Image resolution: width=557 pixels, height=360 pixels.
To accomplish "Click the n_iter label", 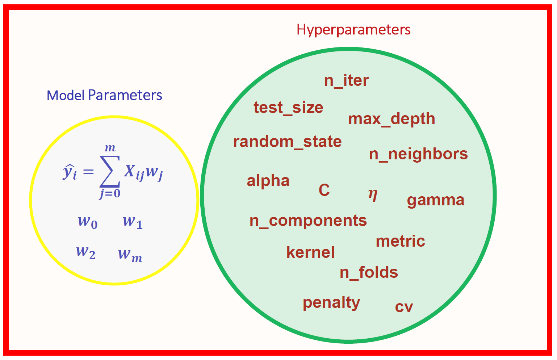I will click(346, 81).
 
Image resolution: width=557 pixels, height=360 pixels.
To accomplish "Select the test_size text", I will click(288, 108).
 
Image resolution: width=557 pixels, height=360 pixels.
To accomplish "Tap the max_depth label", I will click(391, 119).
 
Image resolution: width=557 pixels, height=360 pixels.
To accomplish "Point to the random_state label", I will click(287, 142).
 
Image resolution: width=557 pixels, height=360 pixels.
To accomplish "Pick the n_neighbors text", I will click(418, 154).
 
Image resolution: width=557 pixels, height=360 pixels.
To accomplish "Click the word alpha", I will click(268, 181).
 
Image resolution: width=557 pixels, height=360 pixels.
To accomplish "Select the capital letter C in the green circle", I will click(324, 190).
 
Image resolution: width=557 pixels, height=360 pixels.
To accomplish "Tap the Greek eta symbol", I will click(373, 194).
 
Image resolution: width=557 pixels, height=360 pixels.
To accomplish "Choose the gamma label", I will click(436, 200).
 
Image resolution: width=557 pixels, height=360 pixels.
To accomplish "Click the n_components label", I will click(308, 221).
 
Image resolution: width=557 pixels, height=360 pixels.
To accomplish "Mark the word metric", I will click(400, 241).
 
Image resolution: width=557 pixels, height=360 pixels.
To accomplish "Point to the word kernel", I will click(310, 252).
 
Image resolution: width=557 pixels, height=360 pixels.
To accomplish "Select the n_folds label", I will click(369, 272).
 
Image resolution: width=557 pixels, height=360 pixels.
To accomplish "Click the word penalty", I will click(331, 303).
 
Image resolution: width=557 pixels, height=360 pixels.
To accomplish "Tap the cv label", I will click(404, 307).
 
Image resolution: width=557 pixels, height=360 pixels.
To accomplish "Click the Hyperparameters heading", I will click(353, 30).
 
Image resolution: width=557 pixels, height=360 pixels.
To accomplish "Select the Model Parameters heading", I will click(104, 95).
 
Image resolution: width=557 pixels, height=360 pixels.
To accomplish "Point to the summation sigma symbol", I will click(110, 171).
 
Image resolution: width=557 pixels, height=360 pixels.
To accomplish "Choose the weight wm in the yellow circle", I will click(130, 255).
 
